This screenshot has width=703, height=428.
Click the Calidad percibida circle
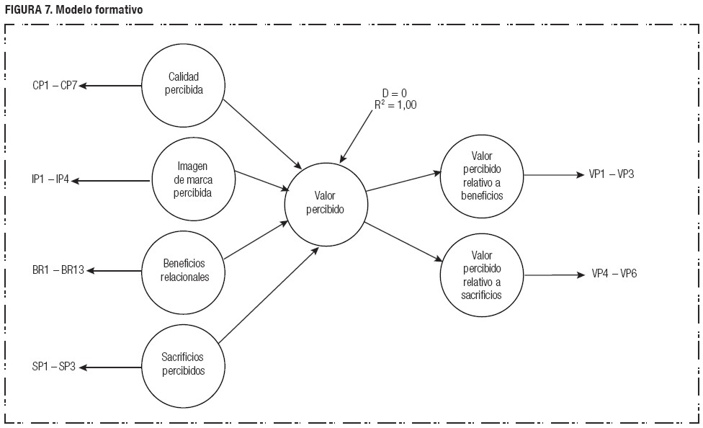pyautogui.click(x=183, y=84)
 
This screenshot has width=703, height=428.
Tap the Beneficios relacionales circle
pyautogui.click(x=183, y=271)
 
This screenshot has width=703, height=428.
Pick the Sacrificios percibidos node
pyautogui.click(x=183, y=365)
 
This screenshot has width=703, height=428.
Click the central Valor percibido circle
pyautogui.click(x=325, y=202)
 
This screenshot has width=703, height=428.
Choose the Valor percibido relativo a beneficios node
pyautogui.click(x=481, y=175)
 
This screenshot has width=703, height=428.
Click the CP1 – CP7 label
pyautogui.click(x=55, y=85)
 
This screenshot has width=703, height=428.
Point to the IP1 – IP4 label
pyautogui.click(x=50, y=180)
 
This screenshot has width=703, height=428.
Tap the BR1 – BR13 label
pyautogui.click(x=58, y=272)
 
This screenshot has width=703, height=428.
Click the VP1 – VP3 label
pyautogui.click(x=611, y=174)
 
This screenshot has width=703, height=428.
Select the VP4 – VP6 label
pyautogui.click(x=614, y=274)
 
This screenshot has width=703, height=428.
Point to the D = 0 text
pyautogui.click(x=395, y=92)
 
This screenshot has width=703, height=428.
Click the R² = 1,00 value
pyautogui.click(x=395, y=104)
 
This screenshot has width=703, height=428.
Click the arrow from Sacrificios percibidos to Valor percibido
pyautogui.click(x=268, y=295)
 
